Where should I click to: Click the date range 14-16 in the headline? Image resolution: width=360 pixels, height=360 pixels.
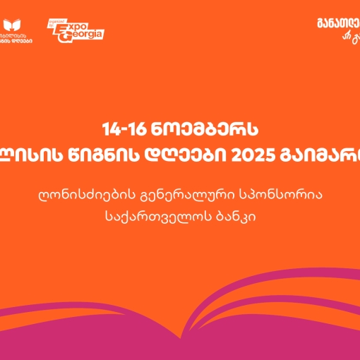[x=122, y=130]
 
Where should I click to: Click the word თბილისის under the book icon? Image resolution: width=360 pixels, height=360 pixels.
[x=18, y=34]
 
